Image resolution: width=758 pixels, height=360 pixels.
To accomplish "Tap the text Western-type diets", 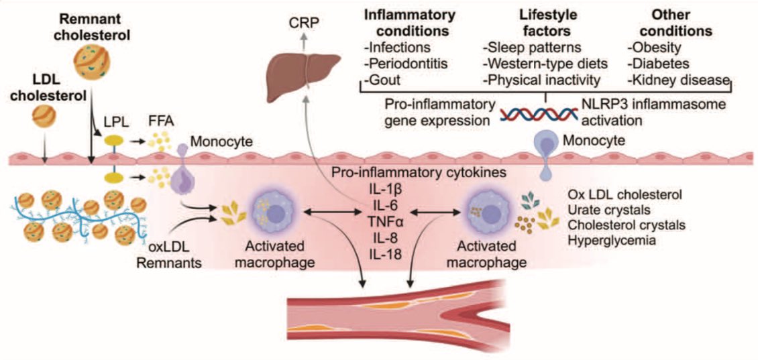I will pyautogui.click(x=541, y=64).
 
